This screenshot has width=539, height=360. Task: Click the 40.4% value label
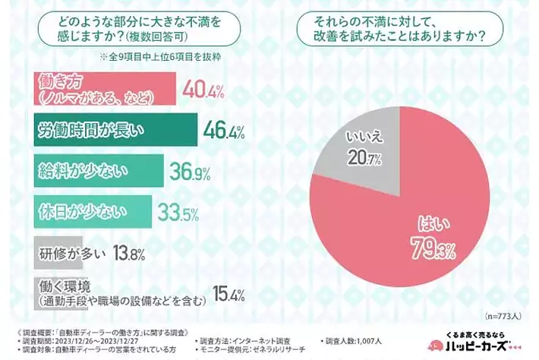203,91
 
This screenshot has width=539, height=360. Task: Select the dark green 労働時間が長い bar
114,131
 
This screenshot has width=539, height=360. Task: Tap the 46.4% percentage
224,132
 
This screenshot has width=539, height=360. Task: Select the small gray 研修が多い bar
45,252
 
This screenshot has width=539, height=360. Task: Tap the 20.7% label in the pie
365,157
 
